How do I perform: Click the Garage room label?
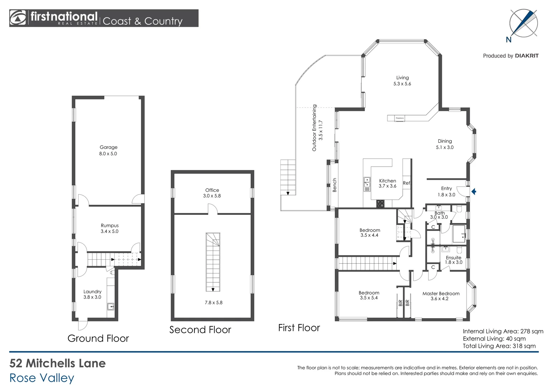pyautogui.click(x=108, y=147)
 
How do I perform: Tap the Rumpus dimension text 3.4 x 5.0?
pyautogui.click(x=109, y=231)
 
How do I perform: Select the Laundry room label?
pyautogui.click(x=93, y=292)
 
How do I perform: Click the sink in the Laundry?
pyautogui.click(x=111, y=306)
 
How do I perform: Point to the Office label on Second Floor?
pyautogui.click(x=212, y=190)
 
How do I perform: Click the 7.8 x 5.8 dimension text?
pyautogui.click(x=213, y=302)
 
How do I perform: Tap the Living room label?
pyautogui.click(x=402, y=78)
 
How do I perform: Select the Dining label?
pyautogui.click(x=445, y=141)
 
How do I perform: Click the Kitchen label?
pyautogui.click(x=388, y=181)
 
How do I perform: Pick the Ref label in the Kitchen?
pyautogui.click(x=406, y=183)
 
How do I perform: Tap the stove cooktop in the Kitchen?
pyautogui.click(x=380, y=204)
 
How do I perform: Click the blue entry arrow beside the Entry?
pyautogui.click(x=474, y=191)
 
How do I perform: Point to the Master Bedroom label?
pyautogui.click(x=441, y=294)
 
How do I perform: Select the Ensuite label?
pyautogui.click(x=453, y=258)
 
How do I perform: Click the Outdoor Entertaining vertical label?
pyautogui.click(x=315, y=128)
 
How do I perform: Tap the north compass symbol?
pyautogui.click(x=523, y=23)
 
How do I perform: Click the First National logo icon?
pyautogui.click(x=18, y=18)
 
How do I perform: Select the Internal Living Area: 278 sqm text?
pyautogui.click(x=503, y=331)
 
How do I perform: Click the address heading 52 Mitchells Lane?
pyautogui.click(x=57, y=363)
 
